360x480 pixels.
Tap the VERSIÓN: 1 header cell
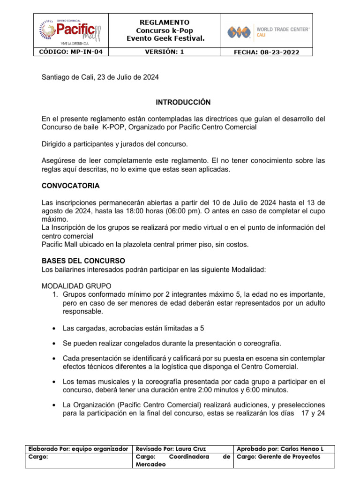click(165, 52)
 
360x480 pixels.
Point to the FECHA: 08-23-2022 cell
click(266, 52)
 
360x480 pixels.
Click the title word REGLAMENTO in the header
click(165, 22)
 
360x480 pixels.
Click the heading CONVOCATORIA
click(71, 186)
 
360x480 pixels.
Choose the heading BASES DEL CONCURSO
click(83, 260)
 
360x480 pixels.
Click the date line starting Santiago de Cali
click(100, 78)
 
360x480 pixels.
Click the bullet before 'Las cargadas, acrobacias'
click(55, 329)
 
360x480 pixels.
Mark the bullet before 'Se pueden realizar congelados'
click(55, 344)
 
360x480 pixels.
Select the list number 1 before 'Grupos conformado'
click(54, 294)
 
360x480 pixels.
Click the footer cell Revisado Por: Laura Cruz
click(170, 449)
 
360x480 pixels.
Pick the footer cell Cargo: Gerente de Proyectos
click(279, 456)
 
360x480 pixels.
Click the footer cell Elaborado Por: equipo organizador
click(78, 449)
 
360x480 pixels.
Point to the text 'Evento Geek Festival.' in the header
click(165, 38)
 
